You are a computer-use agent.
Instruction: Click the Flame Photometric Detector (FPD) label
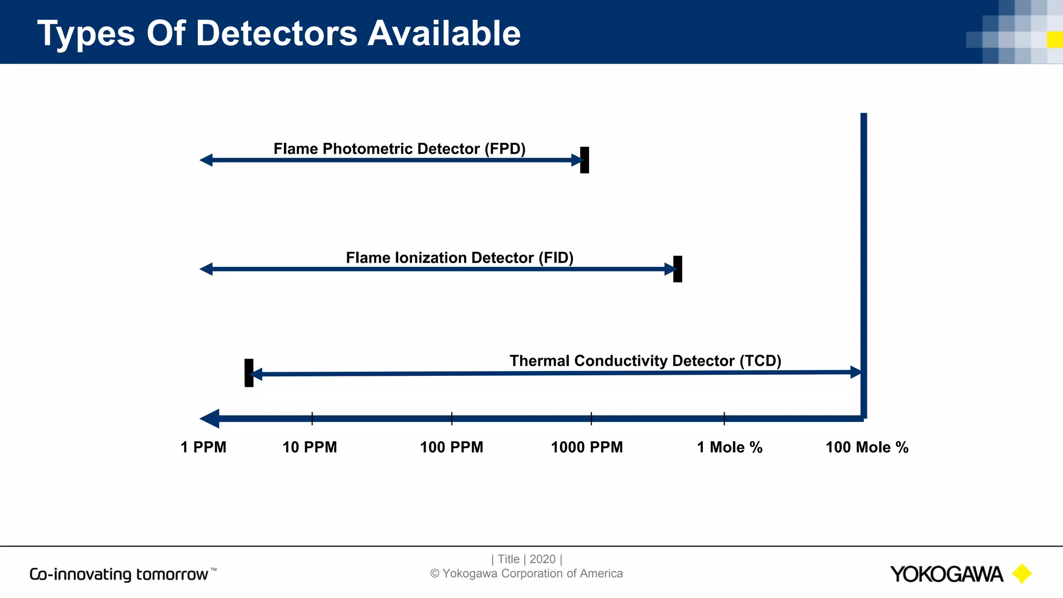(399, 149)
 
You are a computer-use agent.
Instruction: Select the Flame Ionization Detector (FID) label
(459, 258)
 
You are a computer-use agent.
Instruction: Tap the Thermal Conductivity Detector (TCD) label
(645, 361)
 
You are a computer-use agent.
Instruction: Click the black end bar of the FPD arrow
(584, 160)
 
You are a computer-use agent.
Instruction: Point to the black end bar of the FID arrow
(677, 269)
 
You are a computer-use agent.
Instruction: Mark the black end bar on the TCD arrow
(249, 373)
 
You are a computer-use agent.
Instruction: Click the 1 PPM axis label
(203, 447)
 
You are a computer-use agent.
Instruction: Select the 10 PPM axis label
(309, 447)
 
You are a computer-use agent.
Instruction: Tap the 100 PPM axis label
(451, 447)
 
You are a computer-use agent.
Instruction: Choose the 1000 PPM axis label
(587, 447)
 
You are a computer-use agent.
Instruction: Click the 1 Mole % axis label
(729, 447)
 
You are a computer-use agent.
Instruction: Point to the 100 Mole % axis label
(867, 447)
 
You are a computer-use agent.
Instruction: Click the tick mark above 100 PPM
(452, 418)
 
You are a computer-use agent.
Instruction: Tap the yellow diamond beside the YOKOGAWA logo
(1021, 574)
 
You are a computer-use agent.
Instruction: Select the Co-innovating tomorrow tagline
(119, 574)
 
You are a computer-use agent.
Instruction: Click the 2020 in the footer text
(542, 559)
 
